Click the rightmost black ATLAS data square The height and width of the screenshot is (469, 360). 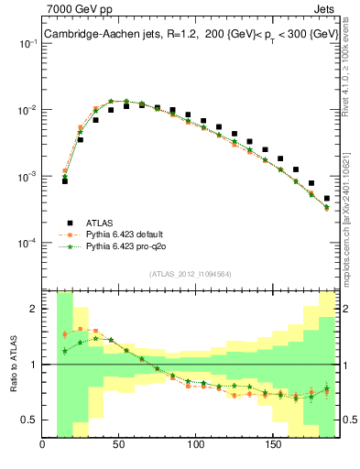click(327, 198)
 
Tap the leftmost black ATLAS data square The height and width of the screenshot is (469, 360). click(65, 181)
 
